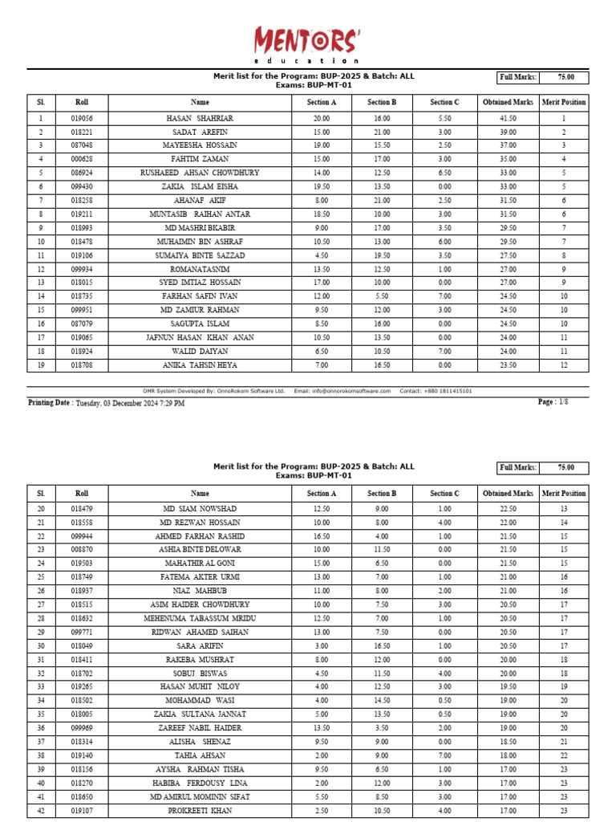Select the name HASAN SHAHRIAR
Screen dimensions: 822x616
200,118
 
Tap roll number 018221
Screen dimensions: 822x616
82,132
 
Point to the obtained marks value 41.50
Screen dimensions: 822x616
508,118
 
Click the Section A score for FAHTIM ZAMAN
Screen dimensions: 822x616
322,159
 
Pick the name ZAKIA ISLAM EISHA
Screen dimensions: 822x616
200,186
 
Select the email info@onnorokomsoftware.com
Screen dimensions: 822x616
351,391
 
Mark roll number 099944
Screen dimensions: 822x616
82,536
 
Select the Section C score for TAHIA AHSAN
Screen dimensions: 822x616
444,755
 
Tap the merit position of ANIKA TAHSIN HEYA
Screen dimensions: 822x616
564,364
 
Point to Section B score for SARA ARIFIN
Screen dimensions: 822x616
382,645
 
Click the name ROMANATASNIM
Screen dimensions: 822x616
200,269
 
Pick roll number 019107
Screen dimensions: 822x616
82,810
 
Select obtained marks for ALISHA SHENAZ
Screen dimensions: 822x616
508,742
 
